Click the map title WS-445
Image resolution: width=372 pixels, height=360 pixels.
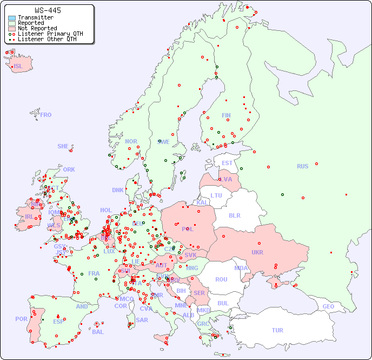click(x=48, y=10)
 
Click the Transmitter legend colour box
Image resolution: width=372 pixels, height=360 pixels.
click(x=12, y=18)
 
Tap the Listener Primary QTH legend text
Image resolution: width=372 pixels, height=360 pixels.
click(x=50, y=34)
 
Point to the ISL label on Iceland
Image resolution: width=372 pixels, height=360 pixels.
click(x=18, y=67)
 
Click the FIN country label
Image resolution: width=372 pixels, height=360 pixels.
click(x=226, y=115)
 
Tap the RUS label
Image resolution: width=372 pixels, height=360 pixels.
click(x=302, y=166)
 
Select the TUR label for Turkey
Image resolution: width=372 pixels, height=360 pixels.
click(x=277, y=330)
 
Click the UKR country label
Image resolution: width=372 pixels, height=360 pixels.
click(x=257, y=252)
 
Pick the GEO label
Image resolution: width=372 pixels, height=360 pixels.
click(x=328, y=306)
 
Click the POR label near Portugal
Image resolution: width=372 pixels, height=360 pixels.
click(x=21, y=319)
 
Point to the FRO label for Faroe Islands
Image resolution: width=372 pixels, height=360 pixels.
click(x=46, y=115)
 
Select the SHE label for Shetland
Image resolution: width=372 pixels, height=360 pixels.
click(x=63, y=146)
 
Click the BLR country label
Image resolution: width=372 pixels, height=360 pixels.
click(x=234, y=215)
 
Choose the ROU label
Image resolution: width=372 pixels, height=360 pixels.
click(x=221, y=279)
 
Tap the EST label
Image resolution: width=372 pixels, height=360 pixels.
click(x=227, y=163)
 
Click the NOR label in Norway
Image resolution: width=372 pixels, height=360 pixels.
click(x=131, y=141)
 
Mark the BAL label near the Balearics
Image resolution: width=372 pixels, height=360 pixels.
click(x=97, y=332)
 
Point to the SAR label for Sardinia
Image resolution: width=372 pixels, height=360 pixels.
click(x=142, y=320)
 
